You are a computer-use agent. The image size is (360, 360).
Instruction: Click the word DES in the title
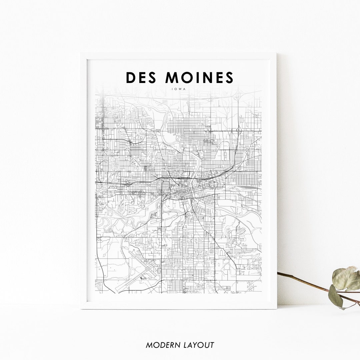click(141, 77)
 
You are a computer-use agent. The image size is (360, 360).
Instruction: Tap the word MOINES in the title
click(199, 77)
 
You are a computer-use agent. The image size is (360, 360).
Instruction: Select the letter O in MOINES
click(187, 77)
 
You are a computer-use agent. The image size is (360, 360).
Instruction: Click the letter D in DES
click(130, 77)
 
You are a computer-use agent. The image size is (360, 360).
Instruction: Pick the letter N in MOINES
click(208, 77)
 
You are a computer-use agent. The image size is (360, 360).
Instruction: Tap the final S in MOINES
click(229, 77)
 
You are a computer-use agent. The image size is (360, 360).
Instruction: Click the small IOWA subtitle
click(180, 89)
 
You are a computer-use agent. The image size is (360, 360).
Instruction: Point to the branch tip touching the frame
click(278, 273)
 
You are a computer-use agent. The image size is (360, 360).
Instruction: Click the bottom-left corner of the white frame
click(81, 308)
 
